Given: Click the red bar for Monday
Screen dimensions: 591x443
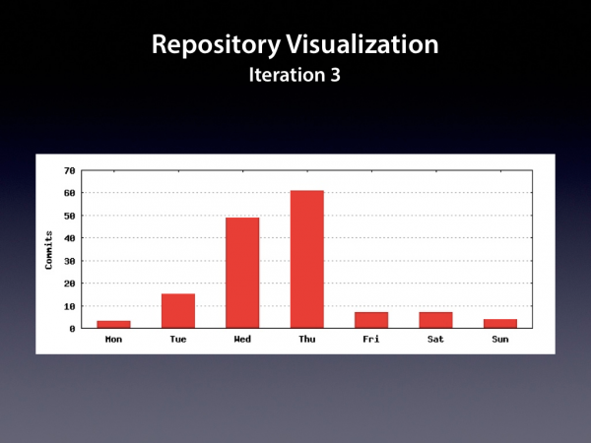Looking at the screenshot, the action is click(113, 324).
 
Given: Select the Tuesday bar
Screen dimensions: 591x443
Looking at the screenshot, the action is click(178, 311).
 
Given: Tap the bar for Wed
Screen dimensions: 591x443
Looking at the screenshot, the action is click(242, 273).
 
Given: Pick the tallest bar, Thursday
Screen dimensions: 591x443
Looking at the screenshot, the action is click(306, 259).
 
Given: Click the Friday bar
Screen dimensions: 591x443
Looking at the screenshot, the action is click(371, 320).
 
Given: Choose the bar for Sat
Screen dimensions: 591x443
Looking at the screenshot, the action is click(435, 320).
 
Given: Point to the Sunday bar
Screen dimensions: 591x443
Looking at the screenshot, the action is click(500, 324).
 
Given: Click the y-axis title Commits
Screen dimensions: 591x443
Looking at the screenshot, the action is click(48, 250).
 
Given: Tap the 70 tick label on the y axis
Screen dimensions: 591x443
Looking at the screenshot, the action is click(70, 170).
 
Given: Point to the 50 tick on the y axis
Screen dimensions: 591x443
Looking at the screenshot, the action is click(70, 216).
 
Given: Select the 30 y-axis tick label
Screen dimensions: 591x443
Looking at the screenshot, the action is click(70, 261).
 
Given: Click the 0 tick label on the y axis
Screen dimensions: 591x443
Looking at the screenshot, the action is click(72, 329).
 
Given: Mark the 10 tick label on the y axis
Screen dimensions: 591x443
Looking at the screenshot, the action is click(70, 306).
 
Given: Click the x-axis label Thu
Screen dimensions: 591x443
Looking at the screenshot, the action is click(306, 339).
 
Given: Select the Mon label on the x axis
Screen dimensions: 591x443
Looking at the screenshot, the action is click(113, 339).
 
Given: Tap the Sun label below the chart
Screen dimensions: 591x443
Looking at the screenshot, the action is click(500, 339).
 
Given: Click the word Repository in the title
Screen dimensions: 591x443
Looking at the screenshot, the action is click(216, 45).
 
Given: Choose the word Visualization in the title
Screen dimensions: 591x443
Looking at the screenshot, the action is click(362, 44).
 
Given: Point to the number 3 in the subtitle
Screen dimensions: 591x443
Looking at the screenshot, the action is click(336, 75).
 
